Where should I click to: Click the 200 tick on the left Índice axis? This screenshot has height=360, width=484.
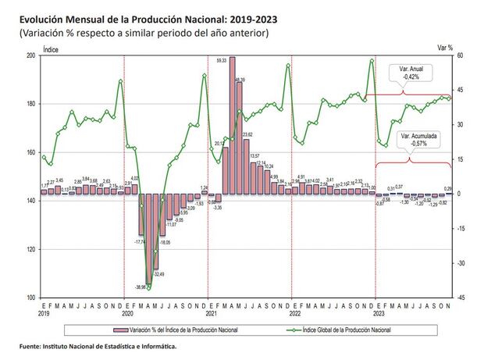[x=30, y=56]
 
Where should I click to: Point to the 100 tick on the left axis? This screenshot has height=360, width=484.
[x=30, y=298]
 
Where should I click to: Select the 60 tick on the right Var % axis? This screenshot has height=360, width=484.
[x=460, y=56]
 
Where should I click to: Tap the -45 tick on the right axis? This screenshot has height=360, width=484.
[x=461, y=298]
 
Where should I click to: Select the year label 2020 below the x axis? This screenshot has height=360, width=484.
[x=127, y=313]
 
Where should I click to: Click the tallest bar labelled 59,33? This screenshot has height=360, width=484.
[x=232, y=125]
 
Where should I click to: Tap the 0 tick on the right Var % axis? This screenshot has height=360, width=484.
[x=461, y=194]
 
